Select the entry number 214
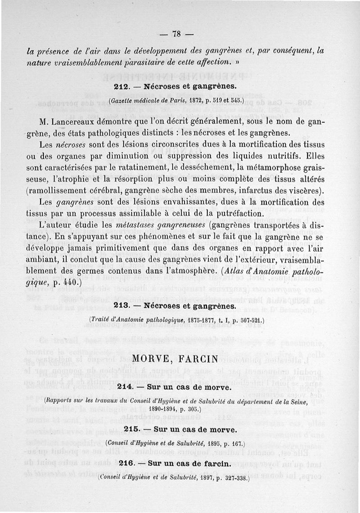click(x=124, y=387)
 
